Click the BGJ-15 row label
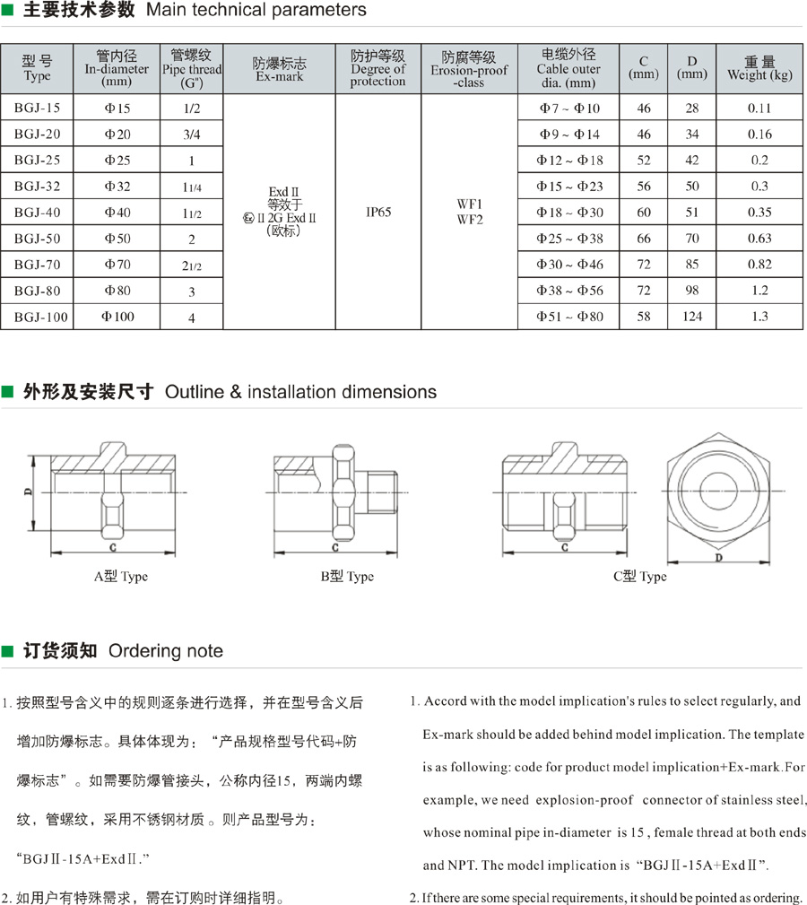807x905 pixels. pyautogui.click(x=38, y=109)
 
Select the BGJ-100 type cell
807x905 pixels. pyautogui.click(x=40, y=317)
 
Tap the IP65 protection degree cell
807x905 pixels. pyautogui.click(x=378, y=213)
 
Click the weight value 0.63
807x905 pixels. pyautogui.click(x=759, y=239)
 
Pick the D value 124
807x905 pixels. pyautogui.click(x=691, y=317)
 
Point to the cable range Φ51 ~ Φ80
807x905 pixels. pyautogui.click(x=569, y=317)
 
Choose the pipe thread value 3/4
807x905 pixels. pyautogui.click(x=191, y=135)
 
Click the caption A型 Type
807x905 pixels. pyautogui.click(x=121, y=576)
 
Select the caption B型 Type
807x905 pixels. pyautogui.click(x=347, y=576)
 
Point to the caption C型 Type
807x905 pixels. pyautogui.click(x=639, y=576)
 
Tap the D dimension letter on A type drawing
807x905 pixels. pyautogui.click(x=28, y=492)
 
